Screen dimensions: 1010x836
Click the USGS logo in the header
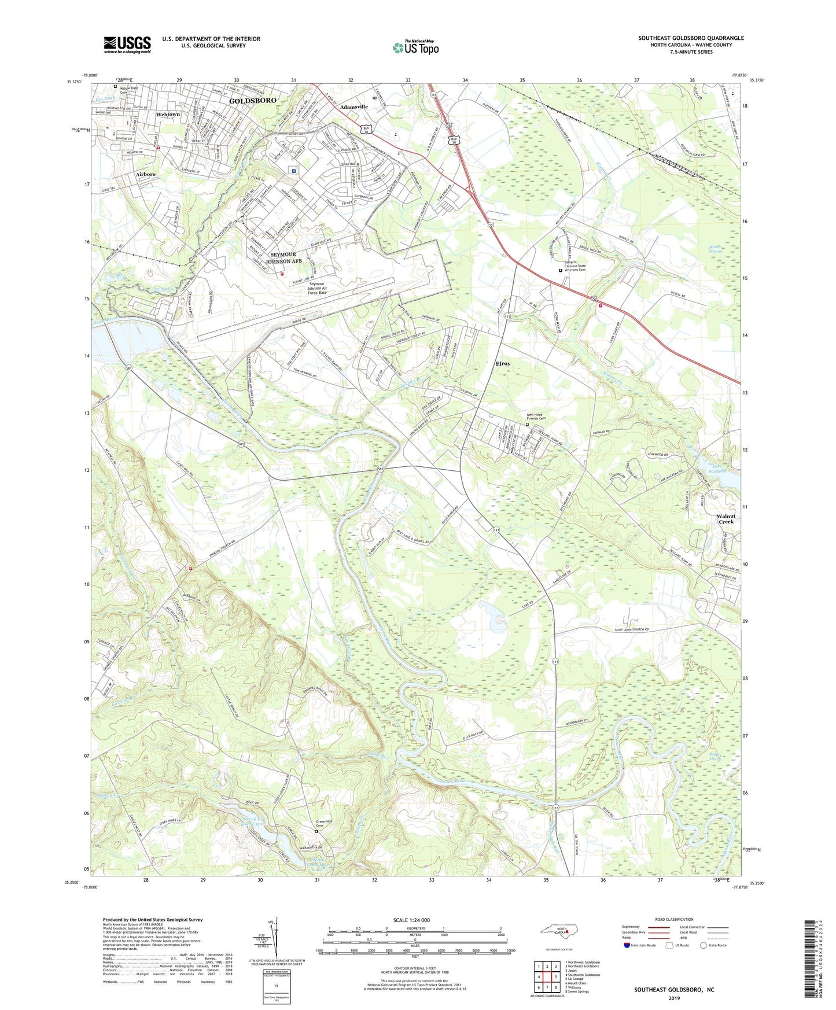click(x=127, y=45)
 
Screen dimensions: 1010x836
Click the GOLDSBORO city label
click(x=252, y=101)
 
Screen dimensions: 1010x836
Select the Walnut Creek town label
click(x=726, y=518)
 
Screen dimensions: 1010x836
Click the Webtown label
click(x=168, y=115)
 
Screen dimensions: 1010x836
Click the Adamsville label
click(x=354, y=107)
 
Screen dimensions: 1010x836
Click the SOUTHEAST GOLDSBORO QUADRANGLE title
click(x=691, y=38)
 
